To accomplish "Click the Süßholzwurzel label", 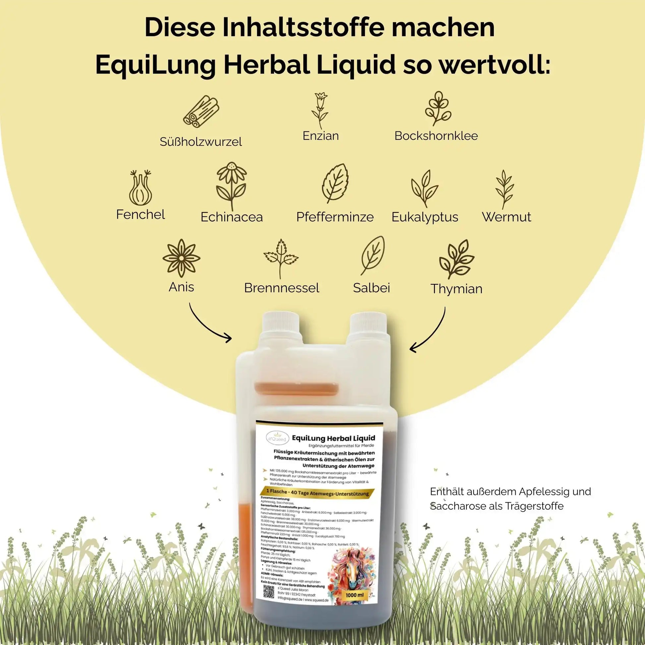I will pos(201,142).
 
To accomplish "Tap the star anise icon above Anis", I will pos(181,258).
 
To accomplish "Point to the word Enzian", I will pos(321,136).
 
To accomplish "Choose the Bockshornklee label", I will pos(436,136).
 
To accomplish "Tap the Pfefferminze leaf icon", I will pos(336,183).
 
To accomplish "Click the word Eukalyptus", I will pos(425,217).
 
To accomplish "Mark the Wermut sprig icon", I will pos(504,189).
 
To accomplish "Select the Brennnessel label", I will pos(281,288).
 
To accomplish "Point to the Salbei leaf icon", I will pos(373,256).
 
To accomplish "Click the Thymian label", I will pos(456,289).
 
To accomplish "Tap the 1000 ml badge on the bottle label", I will pos(355,595).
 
